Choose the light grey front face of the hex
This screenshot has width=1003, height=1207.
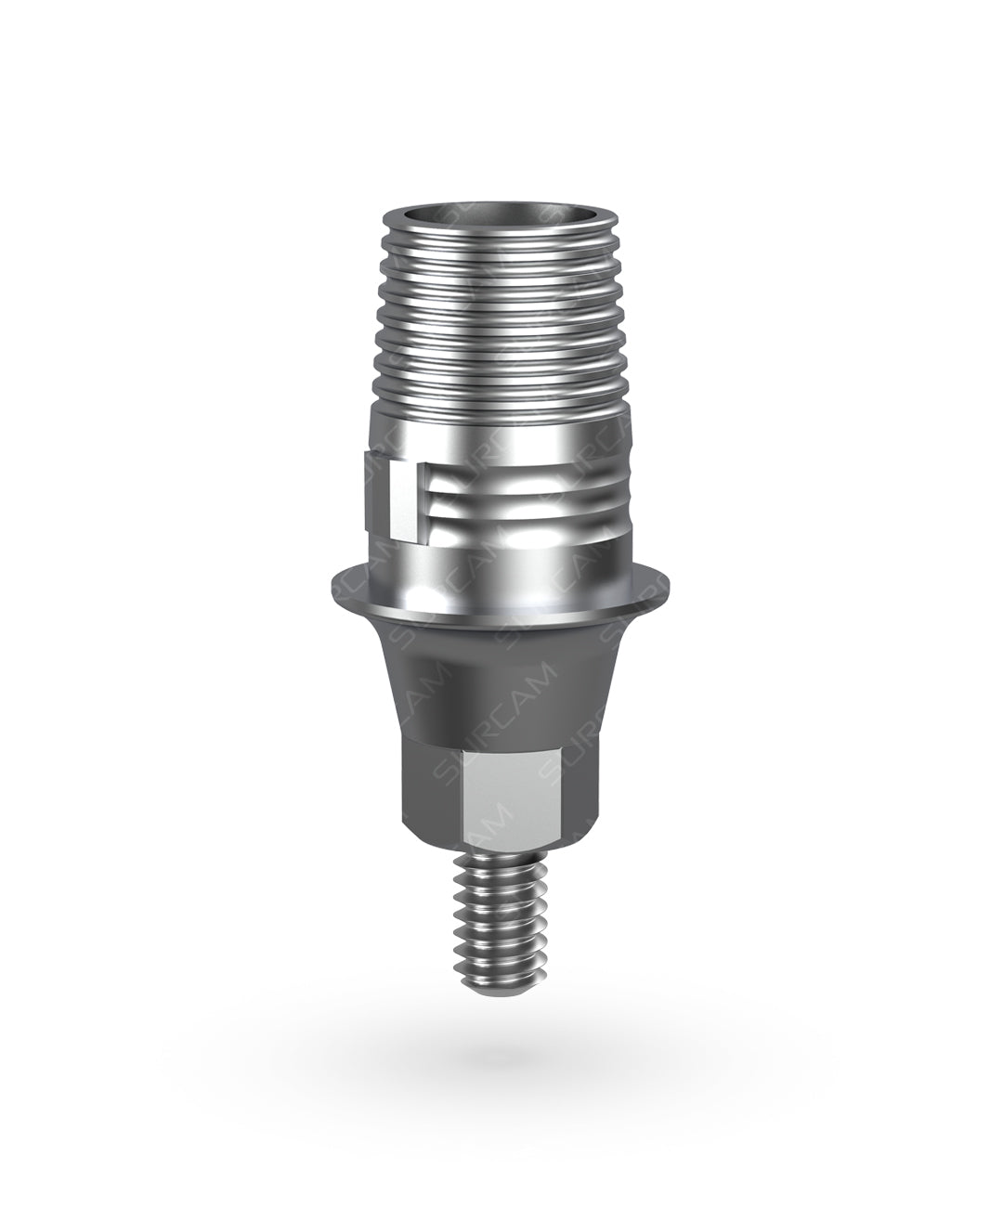[x=501, y=780]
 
